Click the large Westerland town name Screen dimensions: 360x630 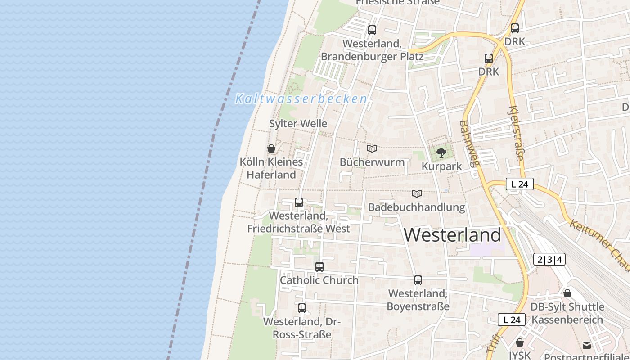(452, 235)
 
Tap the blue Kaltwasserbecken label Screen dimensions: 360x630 (301, 99)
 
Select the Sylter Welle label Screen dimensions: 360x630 (298, 123)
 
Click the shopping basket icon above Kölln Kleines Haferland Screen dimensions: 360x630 (271, 148)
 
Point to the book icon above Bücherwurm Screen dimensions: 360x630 (372, 148)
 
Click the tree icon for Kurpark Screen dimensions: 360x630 (441, 153)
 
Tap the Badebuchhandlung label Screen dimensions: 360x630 (416, 207)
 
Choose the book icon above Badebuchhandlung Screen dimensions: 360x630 (417, 193)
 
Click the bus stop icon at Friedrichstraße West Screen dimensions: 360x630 (299, 202)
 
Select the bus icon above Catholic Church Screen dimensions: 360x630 (319, 267)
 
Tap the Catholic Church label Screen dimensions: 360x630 (319, 280)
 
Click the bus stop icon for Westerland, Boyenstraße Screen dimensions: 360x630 (418, 280)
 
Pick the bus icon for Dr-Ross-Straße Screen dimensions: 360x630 (302, 308)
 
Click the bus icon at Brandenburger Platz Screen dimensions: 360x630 (372, 30)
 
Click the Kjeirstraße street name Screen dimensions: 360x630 (517, 133)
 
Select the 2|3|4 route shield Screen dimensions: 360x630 (549, 259)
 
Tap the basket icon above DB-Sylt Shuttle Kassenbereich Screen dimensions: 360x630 (567, 293)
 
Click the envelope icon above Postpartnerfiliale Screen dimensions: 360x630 (587, 345)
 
